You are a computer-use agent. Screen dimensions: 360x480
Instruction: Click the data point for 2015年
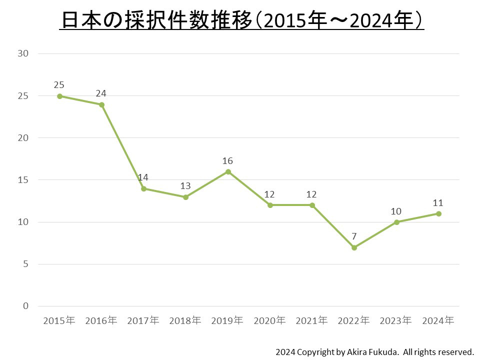(59, 96)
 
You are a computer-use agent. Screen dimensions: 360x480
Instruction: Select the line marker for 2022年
(354, 247)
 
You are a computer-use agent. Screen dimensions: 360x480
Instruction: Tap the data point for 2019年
(228, 171)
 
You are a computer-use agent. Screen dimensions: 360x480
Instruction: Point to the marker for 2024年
(438, 213)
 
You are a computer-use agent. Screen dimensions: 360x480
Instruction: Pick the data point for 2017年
(143, 188)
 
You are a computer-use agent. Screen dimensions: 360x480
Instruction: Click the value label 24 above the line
(101, 93)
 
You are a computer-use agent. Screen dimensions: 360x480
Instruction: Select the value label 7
(354, 236)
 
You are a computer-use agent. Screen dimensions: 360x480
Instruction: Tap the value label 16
(228, 161)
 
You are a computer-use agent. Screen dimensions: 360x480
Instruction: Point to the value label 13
(185, 186)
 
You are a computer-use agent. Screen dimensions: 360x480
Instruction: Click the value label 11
(438, 203)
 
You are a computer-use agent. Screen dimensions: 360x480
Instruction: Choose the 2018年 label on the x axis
(185, 320)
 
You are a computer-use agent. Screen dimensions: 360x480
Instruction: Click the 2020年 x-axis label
(270, 320)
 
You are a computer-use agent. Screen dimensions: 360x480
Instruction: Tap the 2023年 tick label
(396, 320)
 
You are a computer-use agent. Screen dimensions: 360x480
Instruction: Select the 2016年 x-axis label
(101, 320)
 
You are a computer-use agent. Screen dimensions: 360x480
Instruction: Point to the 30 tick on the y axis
(23, 53)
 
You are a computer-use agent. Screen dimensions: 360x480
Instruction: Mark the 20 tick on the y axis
(23, 137)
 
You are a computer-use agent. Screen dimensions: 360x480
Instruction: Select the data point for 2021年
(312, 205)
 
